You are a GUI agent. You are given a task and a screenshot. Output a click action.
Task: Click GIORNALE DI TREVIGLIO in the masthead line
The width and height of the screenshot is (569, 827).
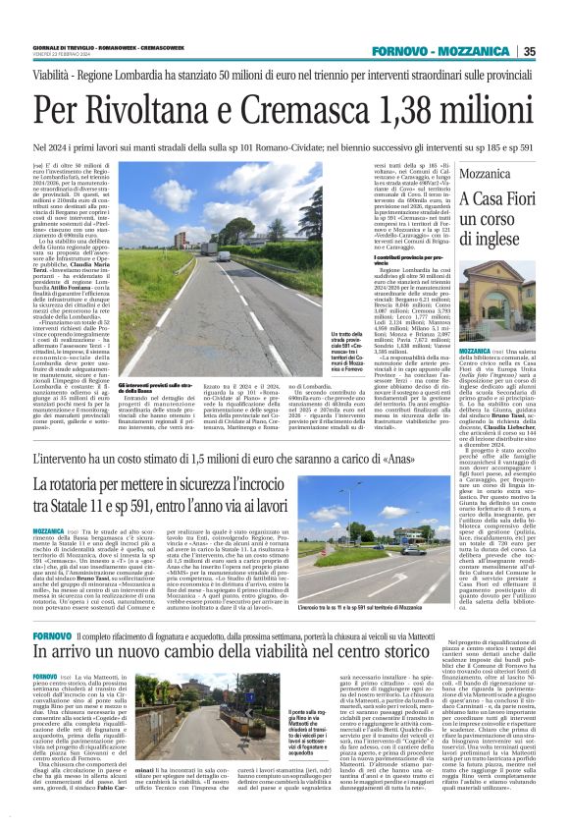pos(64,48)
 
